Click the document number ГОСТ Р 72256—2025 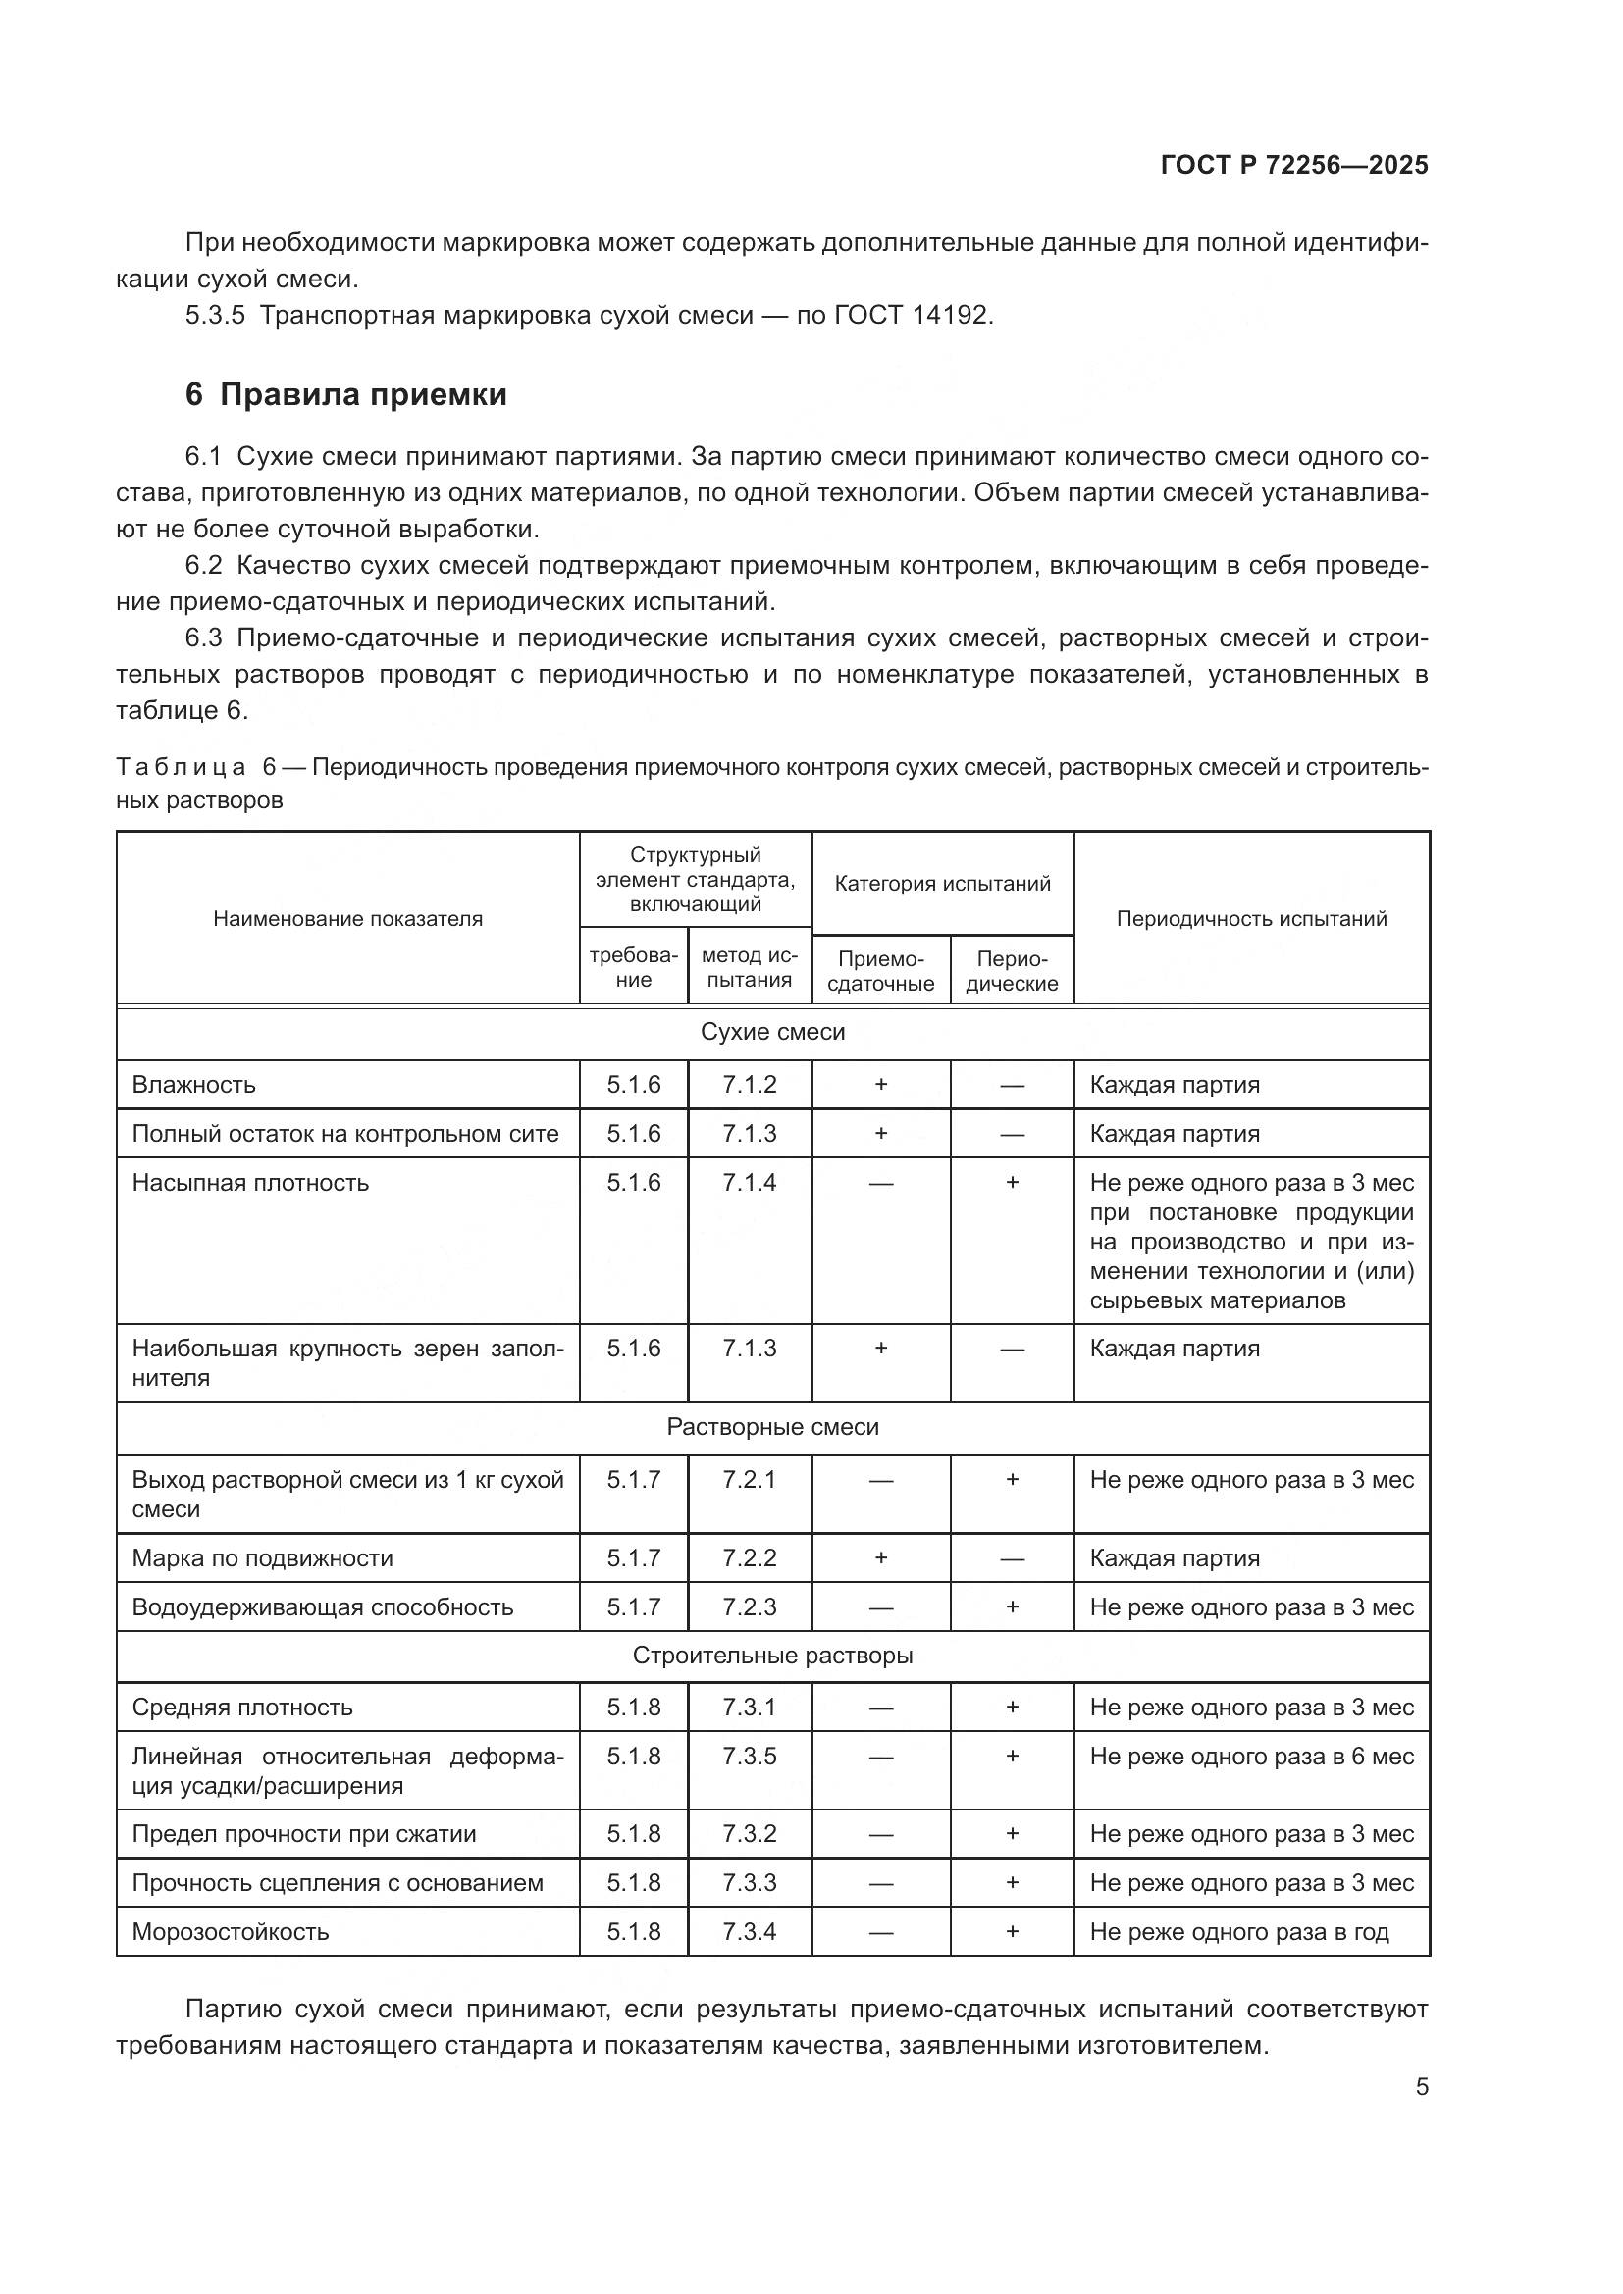click(1294, 166)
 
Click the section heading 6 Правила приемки click(345, 394)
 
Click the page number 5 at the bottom click(1421, 2087)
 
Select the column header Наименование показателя click(346, 918)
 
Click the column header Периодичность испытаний click(1251, 918)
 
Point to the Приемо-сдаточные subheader click(880, 970)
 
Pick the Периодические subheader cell click(1012, 970)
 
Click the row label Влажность click(194, 1084)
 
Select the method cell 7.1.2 click(749, 1084)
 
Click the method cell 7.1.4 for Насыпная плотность click(749, 1182)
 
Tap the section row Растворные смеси click(772, 1427)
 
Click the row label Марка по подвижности click(262, 1557)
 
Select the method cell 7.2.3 click(749, 1606)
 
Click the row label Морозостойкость click(230, 1931)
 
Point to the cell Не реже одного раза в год click(1239, 1931)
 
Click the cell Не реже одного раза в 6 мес click(1251, 1756)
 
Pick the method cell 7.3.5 click(749, 1756)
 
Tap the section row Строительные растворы click(772, 1656)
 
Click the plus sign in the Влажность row click(880, 1084)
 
